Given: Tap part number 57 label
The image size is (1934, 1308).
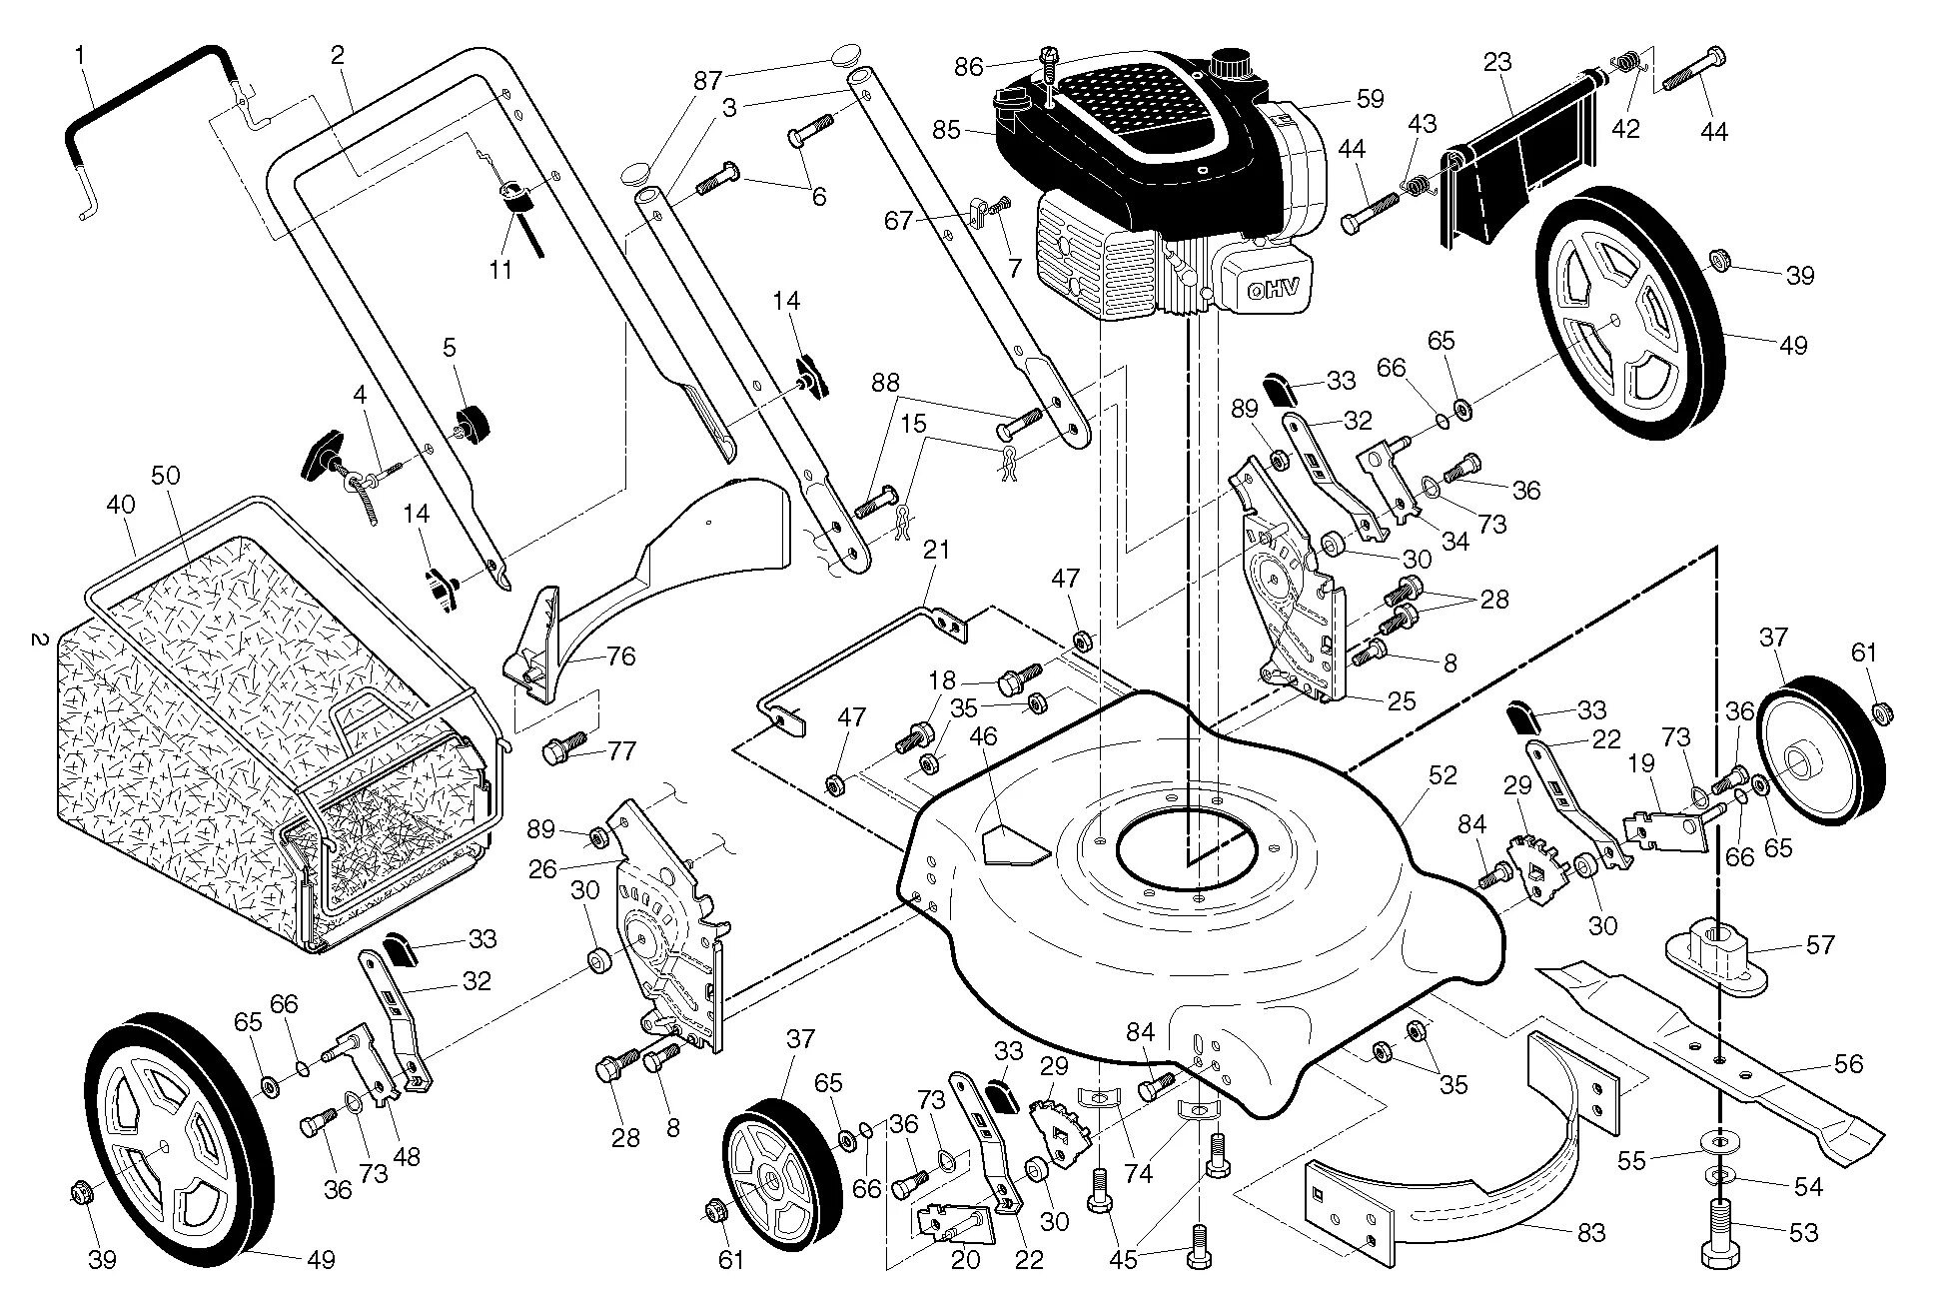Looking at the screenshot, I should pos(1820,944).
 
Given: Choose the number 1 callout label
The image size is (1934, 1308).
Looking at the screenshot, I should pos(80,56).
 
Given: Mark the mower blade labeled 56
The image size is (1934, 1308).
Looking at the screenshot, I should pos(1698,1049).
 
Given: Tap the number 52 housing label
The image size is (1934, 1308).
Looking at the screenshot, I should pos(1443,775).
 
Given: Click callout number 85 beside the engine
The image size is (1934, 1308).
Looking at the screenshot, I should pos(946,130).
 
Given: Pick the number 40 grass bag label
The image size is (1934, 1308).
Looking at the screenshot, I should pos(120,506).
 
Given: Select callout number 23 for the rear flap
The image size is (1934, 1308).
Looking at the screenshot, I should pos(1497,63).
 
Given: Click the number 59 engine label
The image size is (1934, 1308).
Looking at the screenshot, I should pos(1370,98).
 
